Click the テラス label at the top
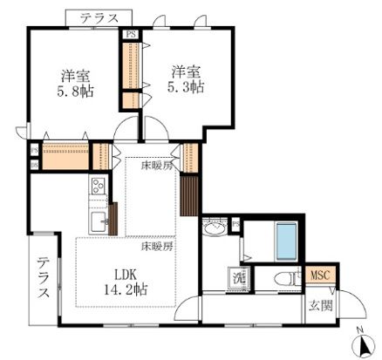[x=97, y=17]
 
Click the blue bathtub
[x=288, y=241]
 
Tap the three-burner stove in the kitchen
[x=97, y=187]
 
